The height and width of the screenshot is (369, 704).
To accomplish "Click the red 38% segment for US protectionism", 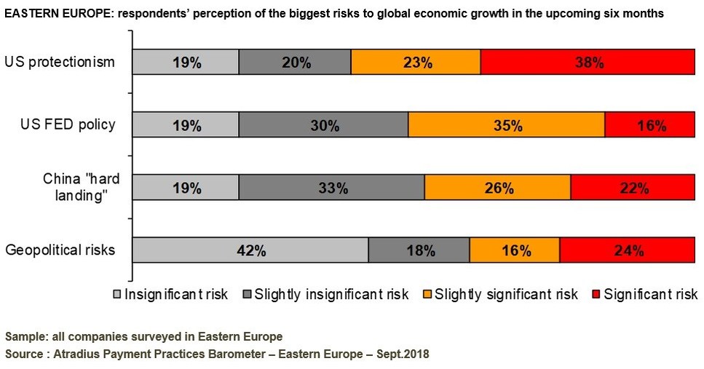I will point(588,63).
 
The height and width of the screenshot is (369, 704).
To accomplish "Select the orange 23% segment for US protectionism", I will point(416,63).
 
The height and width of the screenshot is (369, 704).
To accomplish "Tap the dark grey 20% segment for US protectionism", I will point(295,63).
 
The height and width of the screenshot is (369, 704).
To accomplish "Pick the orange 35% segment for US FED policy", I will point(507,125).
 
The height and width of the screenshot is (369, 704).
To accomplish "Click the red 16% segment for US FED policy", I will point(650,125).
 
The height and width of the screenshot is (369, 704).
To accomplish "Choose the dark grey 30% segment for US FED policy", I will point(323,125).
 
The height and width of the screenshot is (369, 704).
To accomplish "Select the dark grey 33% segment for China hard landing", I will point(331,188).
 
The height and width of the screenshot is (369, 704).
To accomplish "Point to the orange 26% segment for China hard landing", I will point(497,188).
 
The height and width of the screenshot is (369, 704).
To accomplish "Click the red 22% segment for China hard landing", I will point(633,188).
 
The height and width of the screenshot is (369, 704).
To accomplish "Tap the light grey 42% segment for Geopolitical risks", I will point(250,250).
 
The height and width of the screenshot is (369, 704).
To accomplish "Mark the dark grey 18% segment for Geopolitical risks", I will point(419,250).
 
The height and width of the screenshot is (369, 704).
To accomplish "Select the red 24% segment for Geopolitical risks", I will point(628,250).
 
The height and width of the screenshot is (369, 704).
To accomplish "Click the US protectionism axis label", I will point(60,62).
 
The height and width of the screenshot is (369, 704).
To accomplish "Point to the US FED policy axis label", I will point(68,124).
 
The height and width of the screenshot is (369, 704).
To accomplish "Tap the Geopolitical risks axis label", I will point(60,250).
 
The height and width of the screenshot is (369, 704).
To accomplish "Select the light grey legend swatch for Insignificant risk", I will point(116,295).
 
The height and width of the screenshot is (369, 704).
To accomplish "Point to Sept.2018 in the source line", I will point(403,354).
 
